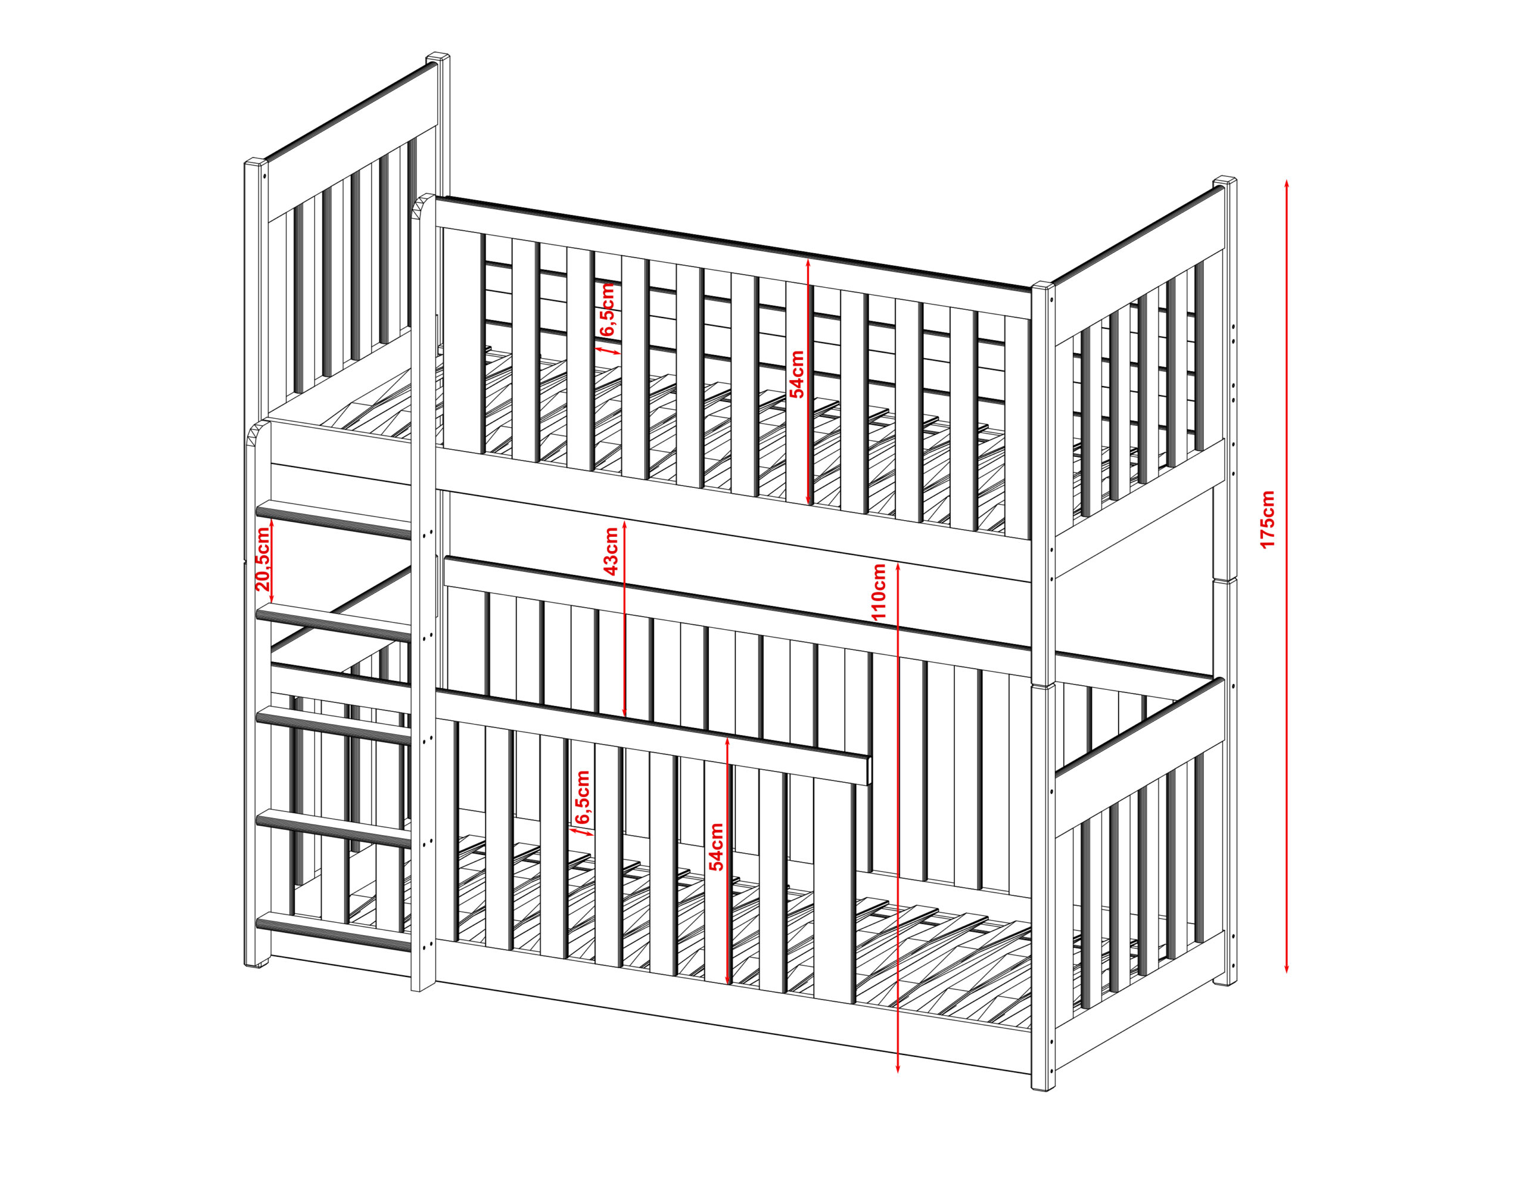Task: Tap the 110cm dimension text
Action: (x=879, y=592)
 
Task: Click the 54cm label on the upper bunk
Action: (x=796, y=373)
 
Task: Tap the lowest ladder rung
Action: (x=334, y=932)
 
